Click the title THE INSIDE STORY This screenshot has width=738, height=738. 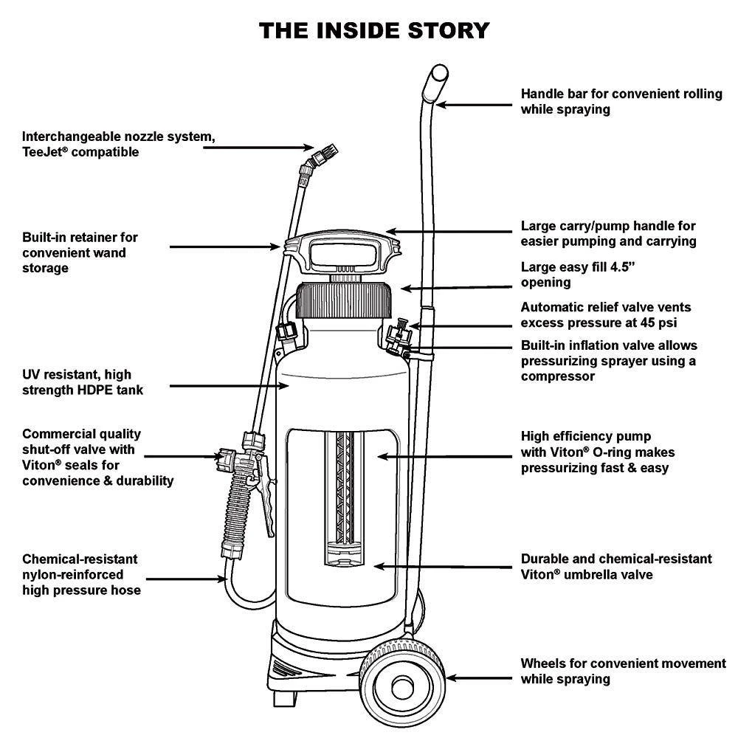click(x=373, y=30)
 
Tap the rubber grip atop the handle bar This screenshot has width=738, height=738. click(x=438, y=77)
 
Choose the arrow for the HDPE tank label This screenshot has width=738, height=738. click(x=221, y=384)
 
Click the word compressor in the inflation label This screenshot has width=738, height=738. click(x=559, y=376)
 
